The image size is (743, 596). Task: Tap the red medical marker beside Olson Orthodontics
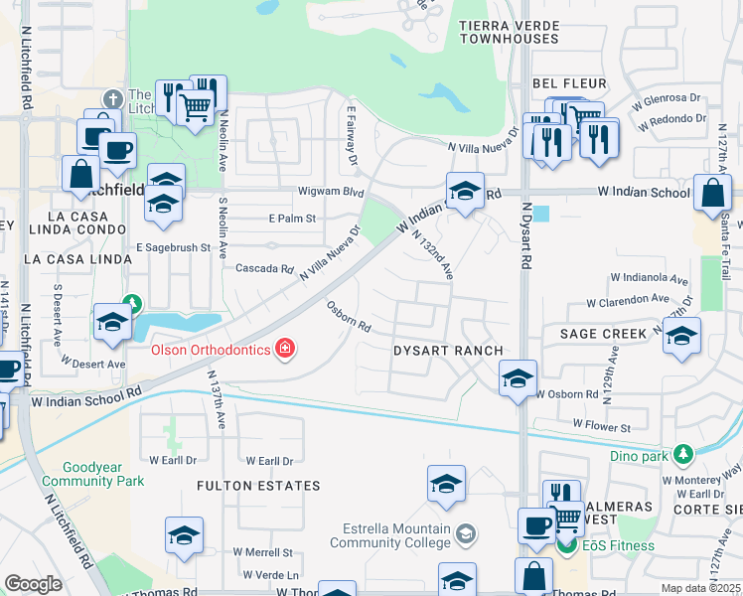point(285,348)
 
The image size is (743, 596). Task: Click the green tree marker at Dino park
point(681,455)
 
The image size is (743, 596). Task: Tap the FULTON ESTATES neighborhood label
point(258,486)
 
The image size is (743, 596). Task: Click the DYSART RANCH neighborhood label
point(448,351)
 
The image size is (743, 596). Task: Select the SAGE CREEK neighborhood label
point(603,334)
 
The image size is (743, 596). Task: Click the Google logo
point(33,584)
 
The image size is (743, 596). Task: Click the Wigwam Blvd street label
point(330,192)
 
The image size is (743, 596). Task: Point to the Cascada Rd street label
point(265,268)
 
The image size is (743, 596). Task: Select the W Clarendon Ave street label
point(627,298)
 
